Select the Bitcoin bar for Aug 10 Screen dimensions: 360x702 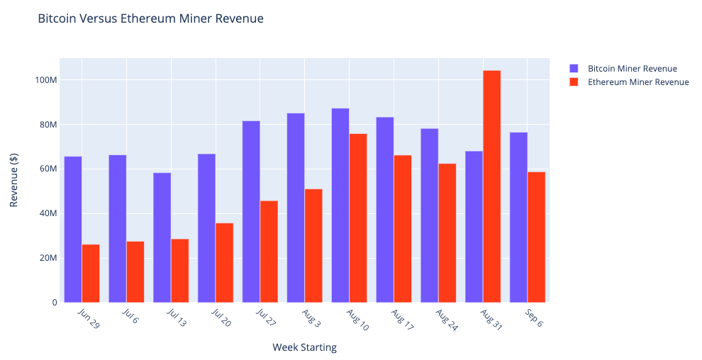point(340,206)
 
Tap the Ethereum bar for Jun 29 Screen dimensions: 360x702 point(91,274)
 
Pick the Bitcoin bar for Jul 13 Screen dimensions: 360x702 point(162,237)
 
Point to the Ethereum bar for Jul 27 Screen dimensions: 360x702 point(269,252)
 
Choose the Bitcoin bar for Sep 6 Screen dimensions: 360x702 point(518,218)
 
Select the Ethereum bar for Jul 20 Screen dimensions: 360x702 point(224,263)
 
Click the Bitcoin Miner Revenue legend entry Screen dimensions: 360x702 point(632,69)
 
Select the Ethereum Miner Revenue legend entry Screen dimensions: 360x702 point(638,82)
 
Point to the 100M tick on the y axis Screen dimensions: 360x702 point(46,80)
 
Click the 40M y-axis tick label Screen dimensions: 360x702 point(46,213)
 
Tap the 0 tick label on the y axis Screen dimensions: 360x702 point(54,303)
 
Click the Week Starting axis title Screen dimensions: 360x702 point(304,347)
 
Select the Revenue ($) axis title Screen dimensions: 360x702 point(13,181)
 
